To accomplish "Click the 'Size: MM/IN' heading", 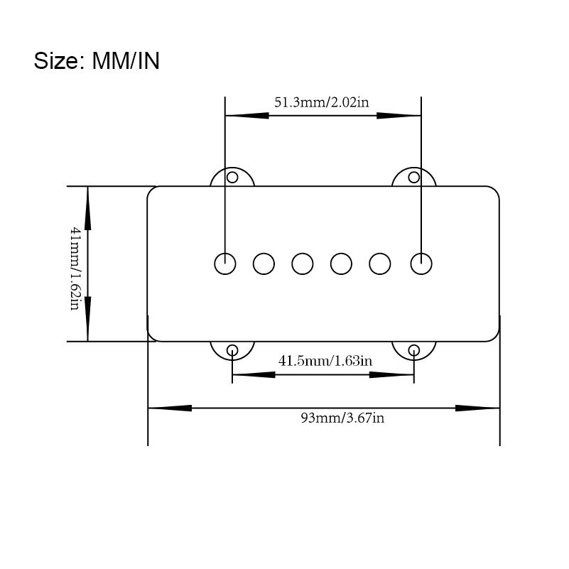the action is point(97,60).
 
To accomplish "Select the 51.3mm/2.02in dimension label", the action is point(322,102).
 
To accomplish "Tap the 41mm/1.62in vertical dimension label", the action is point(75,269).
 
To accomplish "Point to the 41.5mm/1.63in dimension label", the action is point(325,361).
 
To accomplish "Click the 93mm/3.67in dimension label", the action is point(342,418).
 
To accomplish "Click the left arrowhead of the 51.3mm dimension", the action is point(246,116).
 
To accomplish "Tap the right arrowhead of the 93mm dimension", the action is point(477,408).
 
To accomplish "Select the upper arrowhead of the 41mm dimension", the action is point(87,208).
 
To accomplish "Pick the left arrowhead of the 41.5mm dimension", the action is point(254,374).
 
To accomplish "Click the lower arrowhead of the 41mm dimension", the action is point(87,319).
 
